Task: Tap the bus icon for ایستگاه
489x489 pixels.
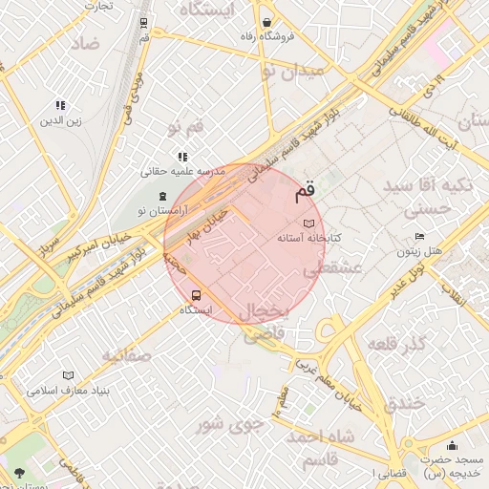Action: (x=197, y=295)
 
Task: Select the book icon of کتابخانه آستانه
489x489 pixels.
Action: (x=308, y=223)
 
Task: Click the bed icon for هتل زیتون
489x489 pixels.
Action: (x=420, y=237)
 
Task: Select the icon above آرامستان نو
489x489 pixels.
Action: (x=161, y=195)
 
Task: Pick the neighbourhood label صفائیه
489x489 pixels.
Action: (x=127, y=355)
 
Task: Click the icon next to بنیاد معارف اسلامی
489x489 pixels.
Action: (x=67, y=375)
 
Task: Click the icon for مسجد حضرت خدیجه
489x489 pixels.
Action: (x=452, y=446)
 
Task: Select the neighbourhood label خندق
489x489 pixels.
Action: (x=404, y=403)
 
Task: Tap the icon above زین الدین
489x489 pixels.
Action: (x=60, y=106)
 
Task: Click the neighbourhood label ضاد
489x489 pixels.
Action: (x=84, y=43)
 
